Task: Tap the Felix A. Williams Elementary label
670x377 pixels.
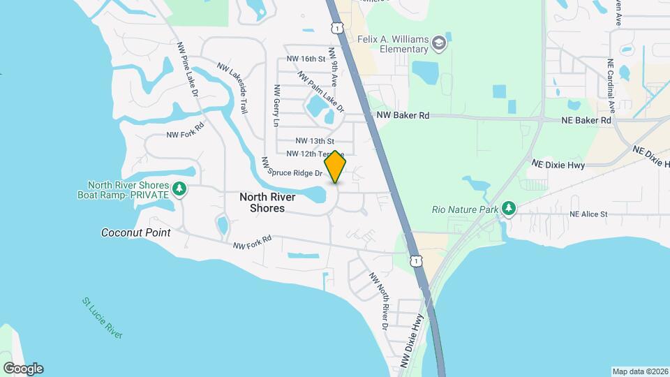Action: click(x=394, y=45)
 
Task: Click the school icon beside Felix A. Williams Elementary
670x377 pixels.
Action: click(x=439, y=45)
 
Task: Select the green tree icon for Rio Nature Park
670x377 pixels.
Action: click(x=509, y=208)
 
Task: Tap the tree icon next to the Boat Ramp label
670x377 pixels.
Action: click(x=179, y=189)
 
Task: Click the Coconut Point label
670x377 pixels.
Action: click(x=135, y=232)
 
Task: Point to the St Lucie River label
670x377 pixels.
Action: click(x=102, y=318)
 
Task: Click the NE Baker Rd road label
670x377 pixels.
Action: click(x=586, y=120)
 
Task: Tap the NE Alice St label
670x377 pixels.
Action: click(x=588, y=214)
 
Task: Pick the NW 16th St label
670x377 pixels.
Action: click(x=306, y=59)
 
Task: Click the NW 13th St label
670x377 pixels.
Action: click(x=315, y=141)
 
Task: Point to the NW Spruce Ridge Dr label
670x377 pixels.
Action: click(x=292, y=166)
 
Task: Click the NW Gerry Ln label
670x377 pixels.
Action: click(x=276, y=106)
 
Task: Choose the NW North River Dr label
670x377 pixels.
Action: click(x=378, y=300)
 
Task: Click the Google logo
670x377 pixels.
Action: click(x=22, y=368)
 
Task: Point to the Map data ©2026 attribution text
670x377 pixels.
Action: click(x=640, y=371)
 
